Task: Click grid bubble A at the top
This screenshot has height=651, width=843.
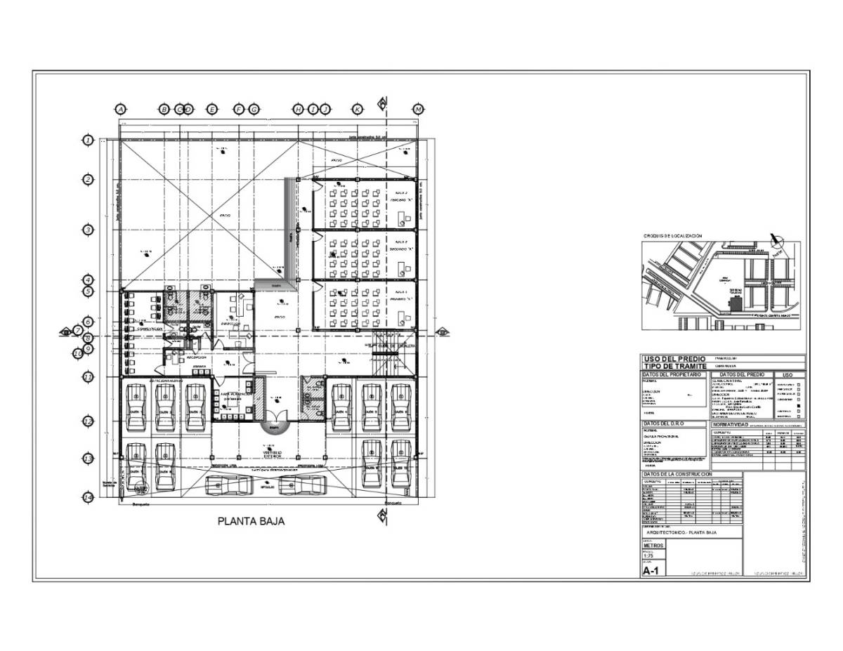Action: [x=120, y=110]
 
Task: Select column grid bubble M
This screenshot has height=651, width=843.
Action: [x=419, y=110]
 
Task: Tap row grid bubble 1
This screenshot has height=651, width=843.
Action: [x=88, y=140]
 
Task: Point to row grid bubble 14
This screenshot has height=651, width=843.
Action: [x=88, y=498]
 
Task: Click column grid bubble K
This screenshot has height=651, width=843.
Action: [x=357, y=110]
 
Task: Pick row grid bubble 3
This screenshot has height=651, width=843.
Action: [x=88, y=230]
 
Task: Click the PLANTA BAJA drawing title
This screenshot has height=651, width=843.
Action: [x=251, y=522]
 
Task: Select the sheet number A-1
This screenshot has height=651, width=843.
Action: [x=651, y=571]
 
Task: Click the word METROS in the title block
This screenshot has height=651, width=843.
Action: [x=653, y=545]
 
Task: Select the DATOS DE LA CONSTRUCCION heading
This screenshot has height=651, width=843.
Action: [x=678, y=475]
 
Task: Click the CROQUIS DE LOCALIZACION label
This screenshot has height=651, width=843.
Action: [x=672, y=237]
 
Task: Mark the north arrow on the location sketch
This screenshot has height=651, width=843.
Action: [x=776, y=240]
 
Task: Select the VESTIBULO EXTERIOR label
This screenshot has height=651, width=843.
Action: [x=273, y=454]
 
